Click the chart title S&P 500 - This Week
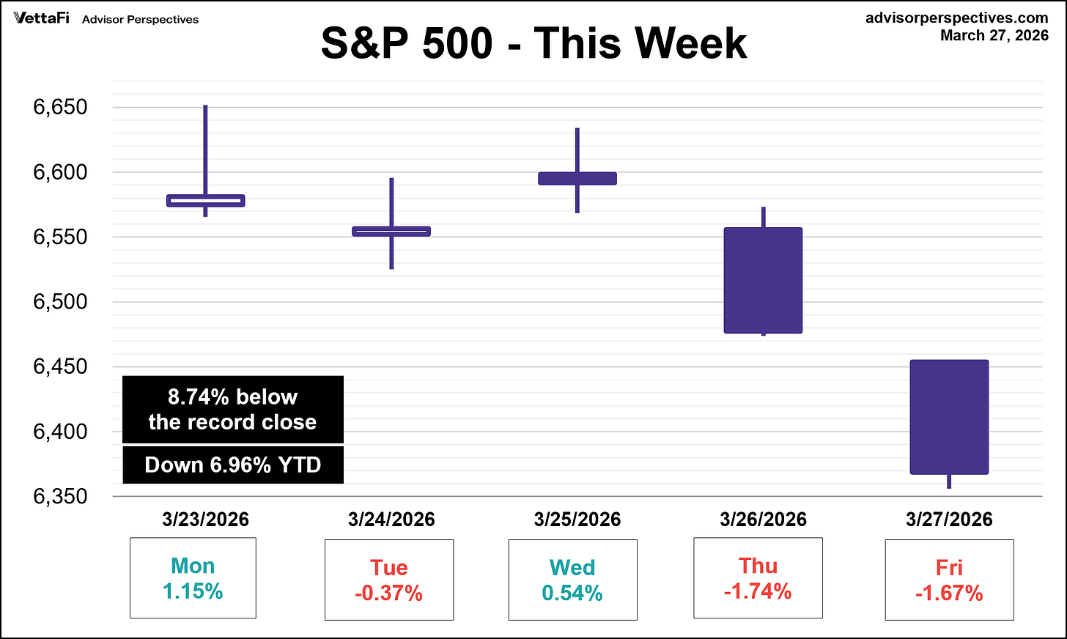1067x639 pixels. (x=533, y=43)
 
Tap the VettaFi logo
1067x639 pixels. (x=41, y=18)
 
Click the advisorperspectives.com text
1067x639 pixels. (x=956, y=18)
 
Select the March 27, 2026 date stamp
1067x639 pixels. (x=994, y=35)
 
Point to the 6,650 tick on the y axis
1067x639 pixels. (x=60, y=107)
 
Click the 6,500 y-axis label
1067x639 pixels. (x=60, y=302)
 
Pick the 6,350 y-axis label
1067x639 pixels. (x=60, y=497)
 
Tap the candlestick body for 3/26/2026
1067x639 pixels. (x=763, y=281)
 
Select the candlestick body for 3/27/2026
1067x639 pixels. (x=949, y=417)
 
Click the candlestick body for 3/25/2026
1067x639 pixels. (x=577, y=178)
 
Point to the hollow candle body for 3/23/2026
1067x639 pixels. (x=206, y=201)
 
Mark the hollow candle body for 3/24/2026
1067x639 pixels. (x=391, y=232)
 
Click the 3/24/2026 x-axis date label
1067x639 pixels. (x=391, y=520)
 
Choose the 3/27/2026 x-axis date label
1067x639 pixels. (x=949, y=520)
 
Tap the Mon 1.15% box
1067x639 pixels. (x=193, y=578)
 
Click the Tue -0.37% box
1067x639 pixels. (x=389, y=580)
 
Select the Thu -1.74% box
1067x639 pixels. (x=758, y=579)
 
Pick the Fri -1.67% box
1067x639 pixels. (x=949, y=580)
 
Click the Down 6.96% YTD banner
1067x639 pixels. (x=233, y=465)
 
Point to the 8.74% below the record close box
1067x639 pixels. (x=233, y=410)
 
